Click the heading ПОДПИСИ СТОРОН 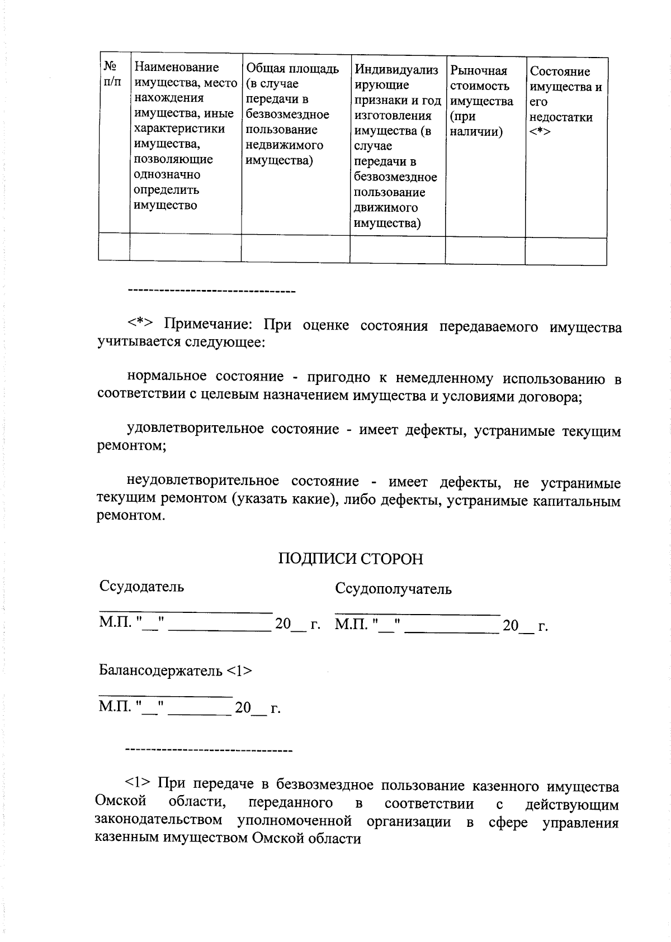tap(351, 559)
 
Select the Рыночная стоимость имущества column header tap(481, 101)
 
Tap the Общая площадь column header tap(292, 115)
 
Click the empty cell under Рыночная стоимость tap(485, 250)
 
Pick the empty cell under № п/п tap(114, 248)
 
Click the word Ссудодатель tap(141, 587)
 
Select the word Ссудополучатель tap(393, 589)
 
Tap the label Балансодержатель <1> tap(176, 670)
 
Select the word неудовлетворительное tap(203, 481)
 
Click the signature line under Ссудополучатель tap(417, 613)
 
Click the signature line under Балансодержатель tap(165, 696)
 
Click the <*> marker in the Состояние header tap(540, 132)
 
